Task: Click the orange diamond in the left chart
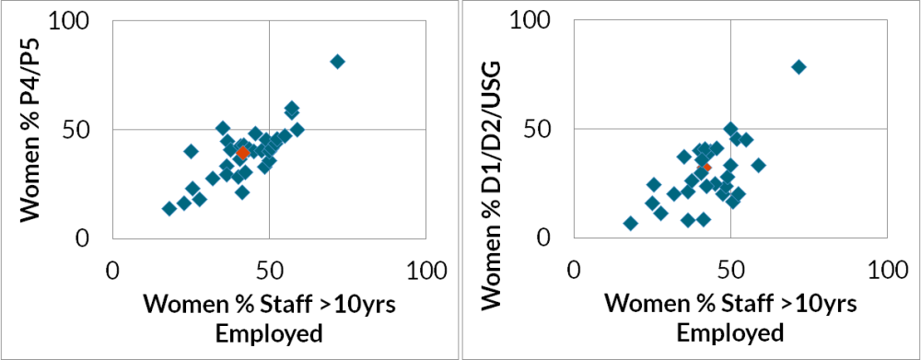point(242,154)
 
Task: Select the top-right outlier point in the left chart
point(337,62)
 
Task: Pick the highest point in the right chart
point(799,66)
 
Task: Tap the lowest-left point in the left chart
point(169,208)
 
